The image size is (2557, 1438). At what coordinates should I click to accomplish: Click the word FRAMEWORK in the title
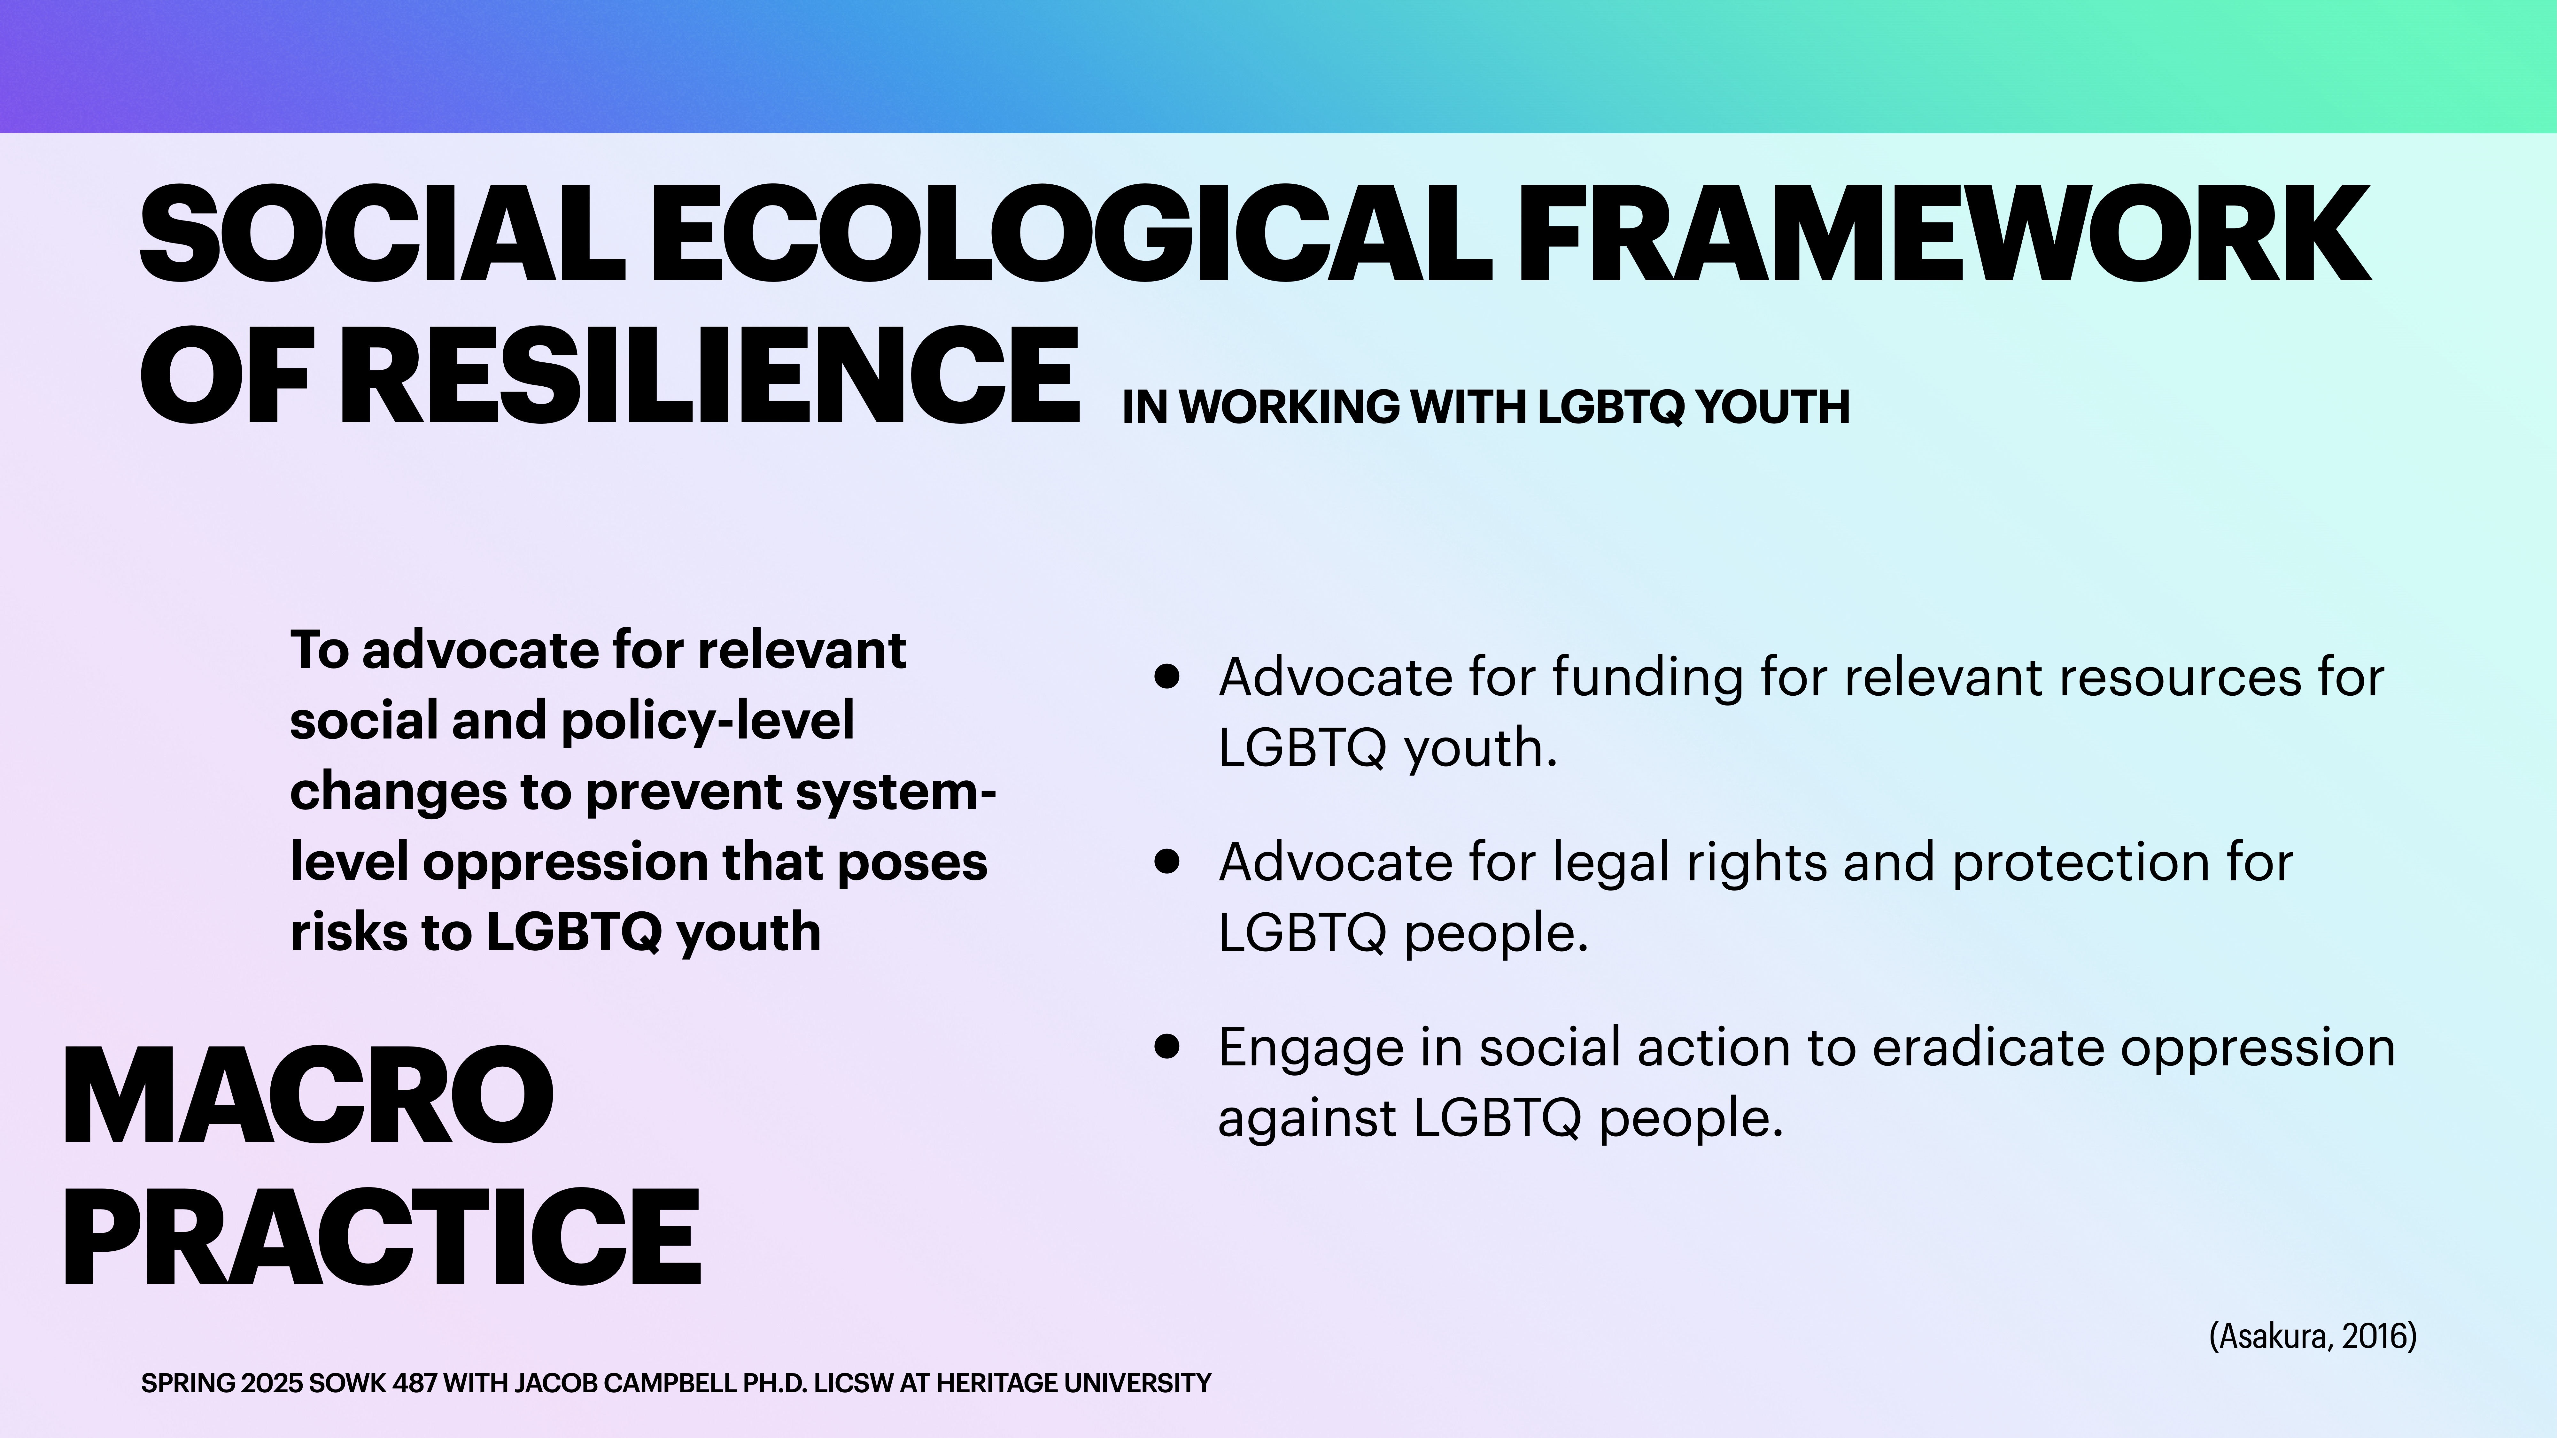1944,234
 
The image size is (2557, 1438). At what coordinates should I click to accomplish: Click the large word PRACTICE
382,1238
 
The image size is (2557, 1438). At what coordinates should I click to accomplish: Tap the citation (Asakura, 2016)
2312,1336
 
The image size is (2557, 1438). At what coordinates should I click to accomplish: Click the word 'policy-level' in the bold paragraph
708,722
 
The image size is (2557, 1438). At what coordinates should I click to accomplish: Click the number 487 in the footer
415,1382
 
